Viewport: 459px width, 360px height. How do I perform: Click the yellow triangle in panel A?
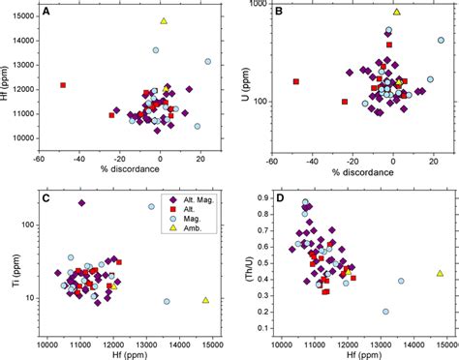click(164, 21)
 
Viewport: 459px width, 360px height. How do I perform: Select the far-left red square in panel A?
click(63, 85)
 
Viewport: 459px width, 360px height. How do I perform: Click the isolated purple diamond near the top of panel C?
click(81, 202)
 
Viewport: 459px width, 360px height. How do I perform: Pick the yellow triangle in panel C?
click(205, 300)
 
